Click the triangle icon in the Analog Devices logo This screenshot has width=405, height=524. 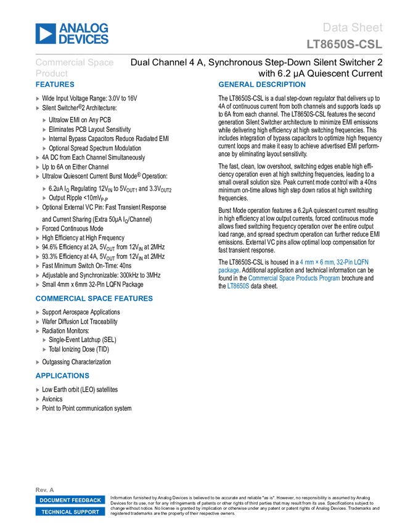(45, 34)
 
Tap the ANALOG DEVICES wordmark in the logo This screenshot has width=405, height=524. (84, 34)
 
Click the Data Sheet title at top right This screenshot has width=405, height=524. (353, 28)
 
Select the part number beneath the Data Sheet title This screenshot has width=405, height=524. (345, 44)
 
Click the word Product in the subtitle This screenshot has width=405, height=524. (51, 73)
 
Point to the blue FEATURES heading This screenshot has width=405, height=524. (55, 85)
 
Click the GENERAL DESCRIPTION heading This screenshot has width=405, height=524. (261, 85)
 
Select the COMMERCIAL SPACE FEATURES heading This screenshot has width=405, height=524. (94, 299)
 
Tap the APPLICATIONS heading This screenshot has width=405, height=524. (62, 375)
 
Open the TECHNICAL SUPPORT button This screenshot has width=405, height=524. (70, 512)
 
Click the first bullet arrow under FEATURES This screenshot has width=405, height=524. (38, 99)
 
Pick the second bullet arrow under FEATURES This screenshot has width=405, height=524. (38, 108)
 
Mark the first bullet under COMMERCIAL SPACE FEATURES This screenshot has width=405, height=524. (38, 313)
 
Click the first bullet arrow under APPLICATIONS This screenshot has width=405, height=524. (38, 390)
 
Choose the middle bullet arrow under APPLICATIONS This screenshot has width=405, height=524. (38, 399)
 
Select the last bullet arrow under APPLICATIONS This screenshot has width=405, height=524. (38, 408)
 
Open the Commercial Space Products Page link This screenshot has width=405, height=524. (293, 278)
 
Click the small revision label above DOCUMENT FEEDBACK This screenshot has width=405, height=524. (45, 489)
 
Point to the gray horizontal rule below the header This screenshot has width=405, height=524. (209, 54)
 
